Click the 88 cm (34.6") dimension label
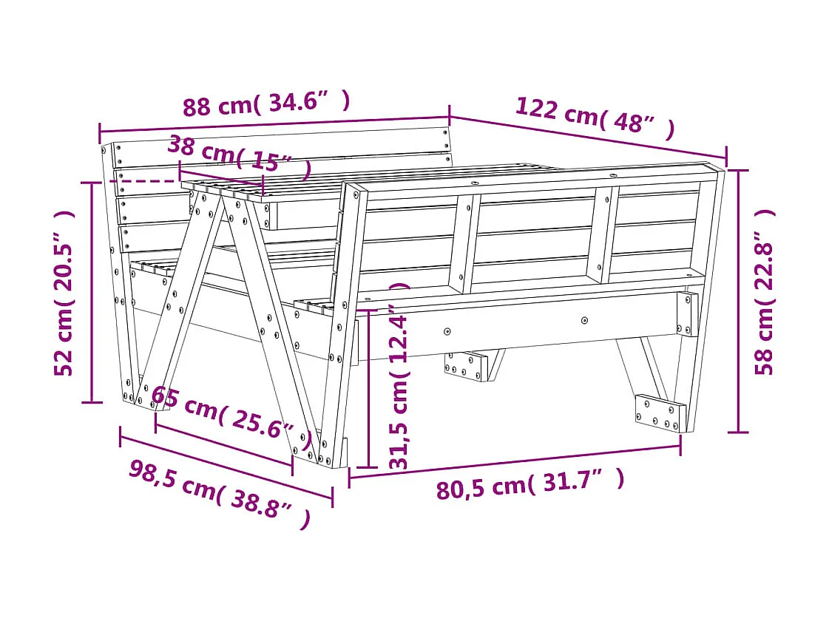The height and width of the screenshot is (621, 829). pos(265,103)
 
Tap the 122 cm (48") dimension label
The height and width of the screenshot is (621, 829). pos(595,117)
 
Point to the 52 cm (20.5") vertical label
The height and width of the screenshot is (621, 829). pos(65,293)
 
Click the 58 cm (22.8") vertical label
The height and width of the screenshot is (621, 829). pos(765,292)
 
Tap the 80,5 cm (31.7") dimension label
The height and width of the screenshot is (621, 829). pos(529,485)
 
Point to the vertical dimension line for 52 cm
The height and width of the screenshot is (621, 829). pos(92,293)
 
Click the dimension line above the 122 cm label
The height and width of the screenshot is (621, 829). pos(588,138)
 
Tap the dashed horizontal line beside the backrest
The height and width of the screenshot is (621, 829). pos(145,180)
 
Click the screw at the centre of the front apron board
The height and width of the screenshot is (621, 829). pos(584,321)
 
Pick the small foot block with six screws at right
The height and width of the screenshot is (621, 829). pos(660,413)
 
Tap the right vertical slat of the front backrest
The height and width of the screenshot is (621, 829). pos(603,235)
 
